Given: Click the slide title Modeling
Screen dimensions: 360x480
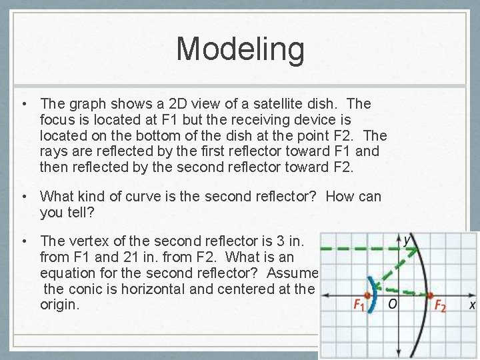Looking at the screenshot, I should pos(240,49).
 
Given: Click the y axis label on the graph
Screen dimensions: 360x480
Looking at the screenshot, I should pos(406,239).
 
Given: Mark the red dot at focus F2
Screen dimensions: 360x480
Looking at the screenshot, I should pos(431,295).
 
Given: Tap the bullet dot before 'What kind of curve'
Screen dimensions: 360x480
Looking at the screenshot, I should pos(23,196).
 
